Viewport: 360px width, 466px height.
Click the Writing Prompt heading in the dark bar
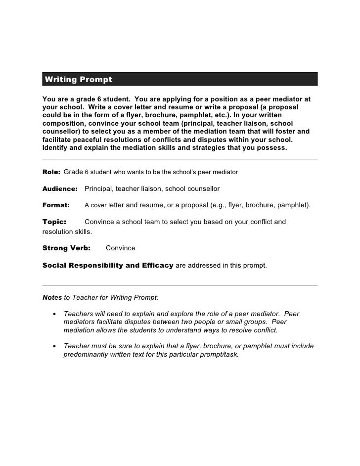point(78,80)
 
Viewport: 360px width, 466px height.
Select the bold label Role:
point(51,172)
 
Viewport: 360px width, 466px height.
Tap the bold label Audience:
point(60,189)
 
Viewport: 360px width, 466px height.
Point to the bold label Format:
point(56,205)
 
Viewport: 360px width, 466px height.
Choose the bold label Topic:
point(54,222)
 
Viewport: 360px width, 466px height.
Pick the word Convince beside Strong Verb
point(120,248)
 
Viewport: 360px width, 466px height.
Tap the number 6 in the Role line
point(86,172)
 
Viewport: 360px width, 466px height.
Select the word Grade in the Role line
point(73,172)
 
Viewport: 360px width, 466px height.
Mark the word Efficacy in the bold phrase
point(157,265)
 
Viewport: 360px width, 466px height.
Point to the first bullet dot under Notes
point(53,314)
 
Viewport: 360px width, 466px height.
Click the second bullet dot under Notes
point(53,346)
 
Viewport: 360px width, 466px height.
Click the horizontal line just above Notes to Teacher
point(180,285)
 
